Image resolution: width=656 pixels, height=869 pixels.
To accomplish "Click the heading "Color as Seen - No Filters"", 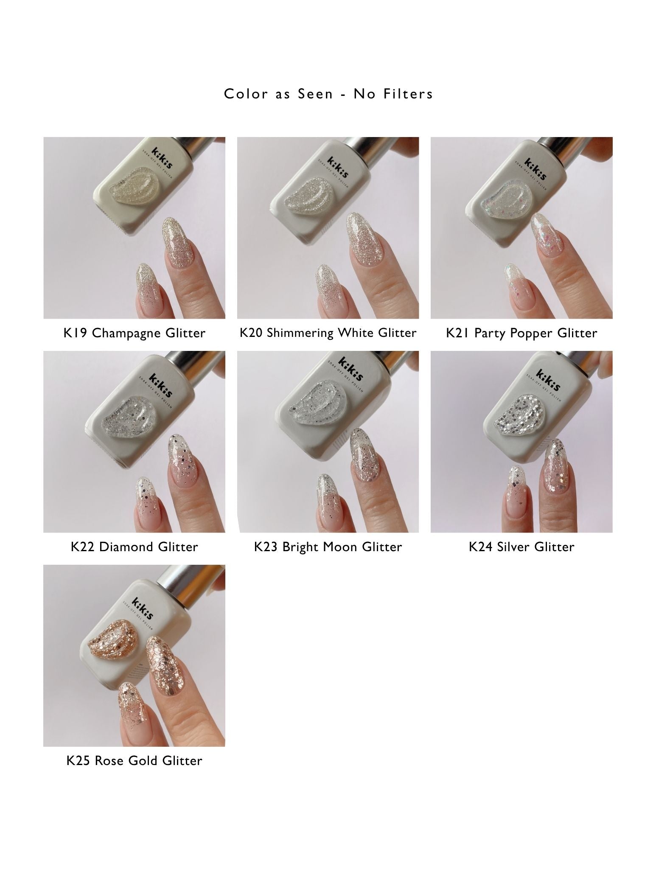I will point(328,94).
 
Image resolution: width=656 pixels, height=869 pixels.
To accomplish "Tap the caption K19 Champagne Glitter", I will point(134,333).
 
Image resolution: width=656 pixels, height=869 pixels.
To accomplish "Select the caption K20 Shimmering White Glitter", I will point(328,333).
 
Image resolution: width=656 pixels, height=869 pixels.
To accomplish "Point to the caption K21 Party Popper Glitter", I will point(521,333).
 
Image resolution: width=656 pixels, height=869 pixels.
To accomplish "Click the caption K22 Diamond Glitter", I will point(134,547).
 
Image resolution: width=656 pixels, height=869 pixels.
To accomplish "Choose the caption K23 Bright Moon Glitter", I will point(328,547).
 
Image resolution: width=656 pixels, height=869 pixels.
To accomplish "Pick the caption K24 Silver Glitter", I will point(521,547).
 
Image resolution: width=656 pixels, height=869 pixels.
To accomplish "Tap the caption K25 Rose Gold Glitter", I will point(134,760).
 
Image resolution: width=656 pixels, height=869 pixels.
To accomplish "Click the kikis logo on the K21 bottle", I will point(535,169).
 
